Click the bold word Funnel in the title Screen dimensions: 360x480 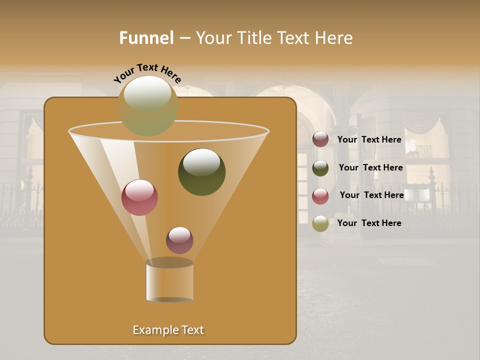pyautogui.click(x=146, y=38)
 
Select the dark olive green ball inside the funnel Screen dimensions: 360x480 pyautogui.click(x=201, y=172)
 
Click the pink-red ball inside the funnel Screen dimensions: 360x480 pyautogui.click(x=139, y=197)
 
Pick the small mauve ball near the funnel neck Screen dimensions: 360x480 pyautogui.click(x=179, y=240)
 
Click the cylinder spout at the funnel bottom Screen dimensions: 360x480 pyautogui.click(x=169, y=282)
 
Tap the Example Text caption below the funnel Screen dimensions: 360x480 pyautogui.click(x=168, y=330)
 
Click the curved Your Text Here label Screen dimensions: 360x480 pyautogui.click(x=147, y=72)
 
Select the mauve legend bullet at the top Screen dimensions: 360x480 pyautogui.click(x=320, y=139)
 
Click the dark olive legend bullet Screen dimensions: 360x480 pyautogui.click(x=320, y=168)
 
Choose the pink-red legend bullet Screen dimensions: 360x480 pyautogui.click(x=320, y=195)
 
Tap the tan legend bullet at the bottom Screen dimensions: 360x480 pyautogui.click(x=320, y=223)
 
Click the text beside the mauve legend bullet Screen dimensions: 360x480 pyautogui.click(x=369, y=139)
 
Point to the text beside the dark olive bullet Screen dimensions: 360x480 pyautogui.click(x=370, y=167)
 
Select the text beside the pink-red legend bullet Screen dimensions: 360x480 pyautogui.click(x=371, y=195)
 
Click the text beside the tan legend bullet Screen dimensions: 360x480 pyautogui.click(x=369, y=223)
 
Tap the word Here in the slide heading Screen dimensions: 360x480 pyautogui.click(x=334, y=38)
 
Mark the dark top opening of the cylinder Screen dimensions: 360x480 pyautogui.click(x=169, y=262)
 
